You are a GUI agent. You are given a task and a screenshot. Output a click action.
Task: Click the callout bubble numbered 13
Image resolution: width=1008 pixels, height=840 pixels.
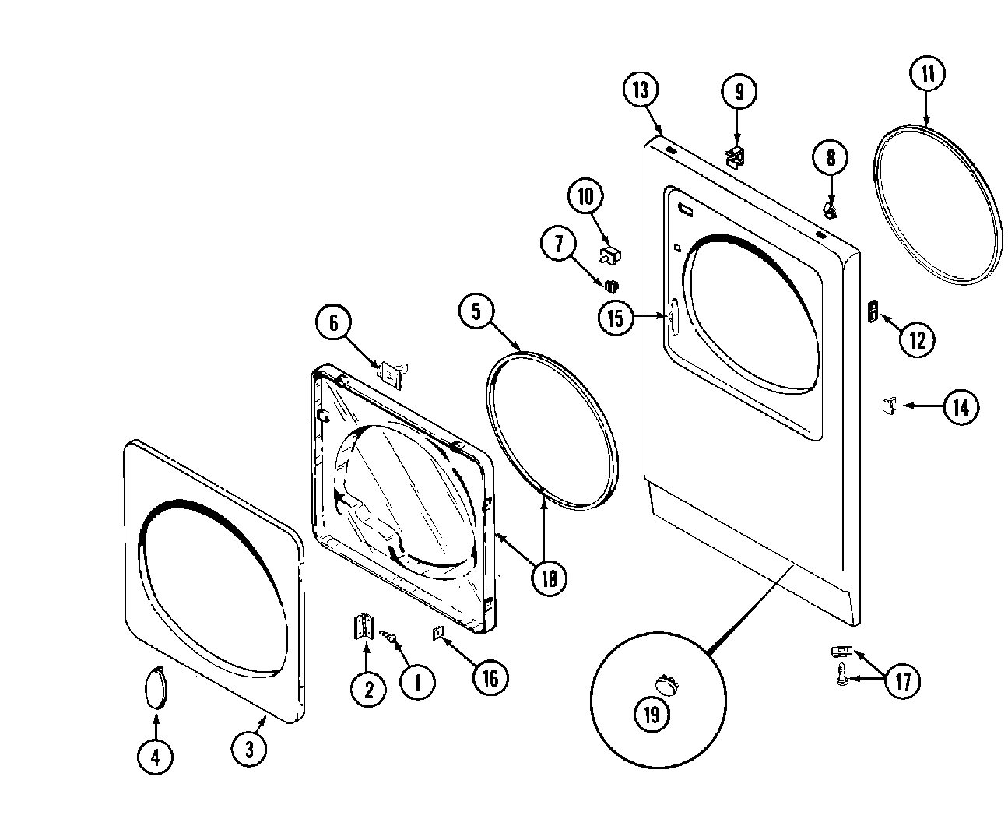pyautogui.click(x=640, y=90)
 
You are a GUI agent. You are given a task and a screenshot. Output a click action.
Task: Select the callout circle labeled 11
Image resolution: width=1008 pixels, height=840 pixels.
pyautogui.click(x=927, y=75)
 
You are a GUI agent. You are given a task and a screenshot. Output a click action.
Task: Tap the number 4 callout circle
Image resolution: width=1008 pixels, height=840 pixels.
pyautogui.click(x=156, y=755)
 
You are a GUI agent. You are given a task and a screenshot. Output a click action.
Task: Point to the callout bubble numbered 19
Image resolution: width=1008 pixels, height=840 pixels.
pyautogui.click(x=652, y=715)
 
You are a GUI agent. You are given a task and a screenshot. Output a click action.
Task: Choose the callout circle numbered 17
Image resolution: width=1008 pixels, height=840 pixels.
pyautogui.click(x=902, y=681)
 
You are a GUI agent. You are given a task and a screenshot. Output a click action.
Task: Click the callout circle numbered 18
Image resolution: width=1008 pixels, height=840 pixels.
pyautogui.click(x=550, y=578)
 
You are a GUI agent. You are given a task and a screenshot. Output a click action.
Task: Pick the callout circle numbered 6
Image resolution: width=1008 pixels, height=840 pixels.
pyautogui.click(x=334, y=322)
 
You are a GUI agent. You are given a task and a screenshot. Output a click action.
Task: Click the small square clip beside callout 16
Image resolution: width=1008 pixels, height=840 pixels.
pyautogui.click(x=437, y=634)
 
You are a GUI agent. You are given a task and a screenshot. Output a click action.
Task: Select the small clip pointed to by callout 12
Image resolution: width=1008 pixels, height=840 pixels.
pyautogui.click(x=873, y=311)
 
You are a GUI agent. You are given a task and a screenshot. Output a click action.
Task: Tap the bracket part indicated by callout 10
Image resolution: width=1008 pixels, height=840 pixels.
pyautogui.click(x=612, y=253)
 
